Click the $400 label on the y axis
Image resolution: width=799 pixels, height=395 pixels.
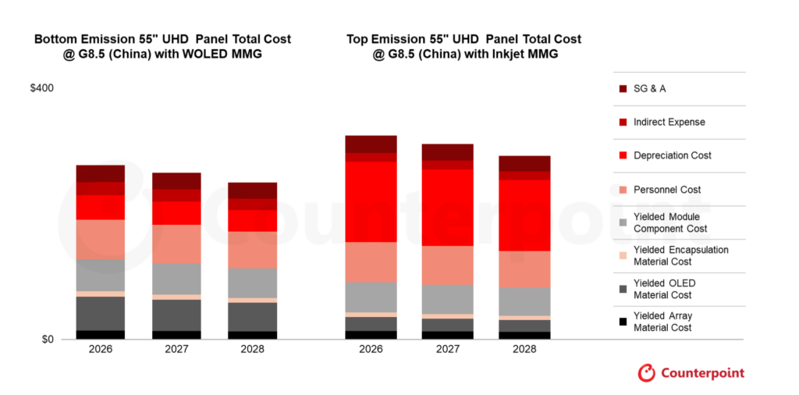41,89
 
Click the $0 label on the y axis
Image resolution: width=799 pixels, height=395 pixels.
48,340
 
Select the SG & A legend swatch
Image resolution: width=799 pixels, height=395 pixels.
623,89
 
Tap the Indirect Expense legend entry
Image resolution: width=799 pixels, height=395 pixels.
669,123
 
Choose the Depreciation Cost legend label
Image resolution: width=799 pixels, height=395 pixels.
672,156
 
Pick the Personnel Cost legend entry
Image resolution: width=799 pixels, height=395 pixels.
666,190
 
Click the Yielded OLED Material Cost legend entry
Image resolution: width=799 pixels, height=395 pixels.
664,289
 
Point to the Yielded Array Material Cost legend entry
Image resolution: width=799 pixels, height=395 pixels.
662,322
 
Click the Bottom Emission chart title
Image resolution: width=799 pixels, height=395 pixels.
162,46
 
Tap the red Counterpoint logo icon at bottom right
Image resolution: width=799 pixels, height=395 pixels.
647,373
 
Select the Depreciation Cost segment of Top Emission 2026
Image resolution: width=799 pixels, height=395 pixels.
371,201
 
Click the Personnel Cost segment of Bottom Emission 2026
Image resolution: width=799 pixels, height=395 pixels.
100,239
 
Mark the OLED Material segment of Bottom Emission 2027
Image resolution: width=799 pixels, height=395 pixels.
176,315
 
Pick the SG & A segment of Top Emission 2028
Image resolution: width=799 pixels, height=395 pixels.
524,163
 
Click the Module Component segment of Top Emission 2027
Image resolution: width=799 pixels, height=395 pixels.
447,299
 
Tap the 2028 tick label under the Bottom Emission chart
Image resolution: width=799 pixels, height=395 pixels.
251,350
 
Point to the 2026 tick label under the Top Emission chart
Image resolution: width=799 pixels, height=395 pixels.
371,350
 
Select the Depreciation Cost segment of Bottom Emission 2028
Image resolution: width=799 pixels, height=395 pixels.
251,221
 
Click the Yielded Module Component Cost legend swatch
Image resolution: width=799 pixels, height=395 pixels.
623,222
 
